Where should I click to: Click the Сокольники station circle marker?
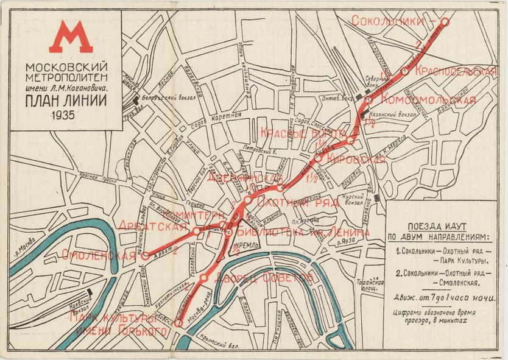(x=445, y=21)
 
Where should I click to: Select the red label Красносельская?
(x=456, y=71)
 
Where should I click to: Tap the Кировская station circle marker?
(x=317, y=158)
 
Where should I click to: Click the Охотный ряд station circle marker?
(x=248, y=201)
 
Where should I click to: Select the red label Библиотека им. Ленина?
(x=302, y=232)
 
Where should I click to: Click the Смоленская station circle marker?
(x=145, y=256)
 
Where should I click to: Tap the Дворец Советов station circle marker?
(x=205, y=278)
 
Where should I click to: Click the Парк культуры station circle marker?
(x=178, y=325)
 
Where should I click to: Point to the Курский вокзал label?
(x=356, y=200)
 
